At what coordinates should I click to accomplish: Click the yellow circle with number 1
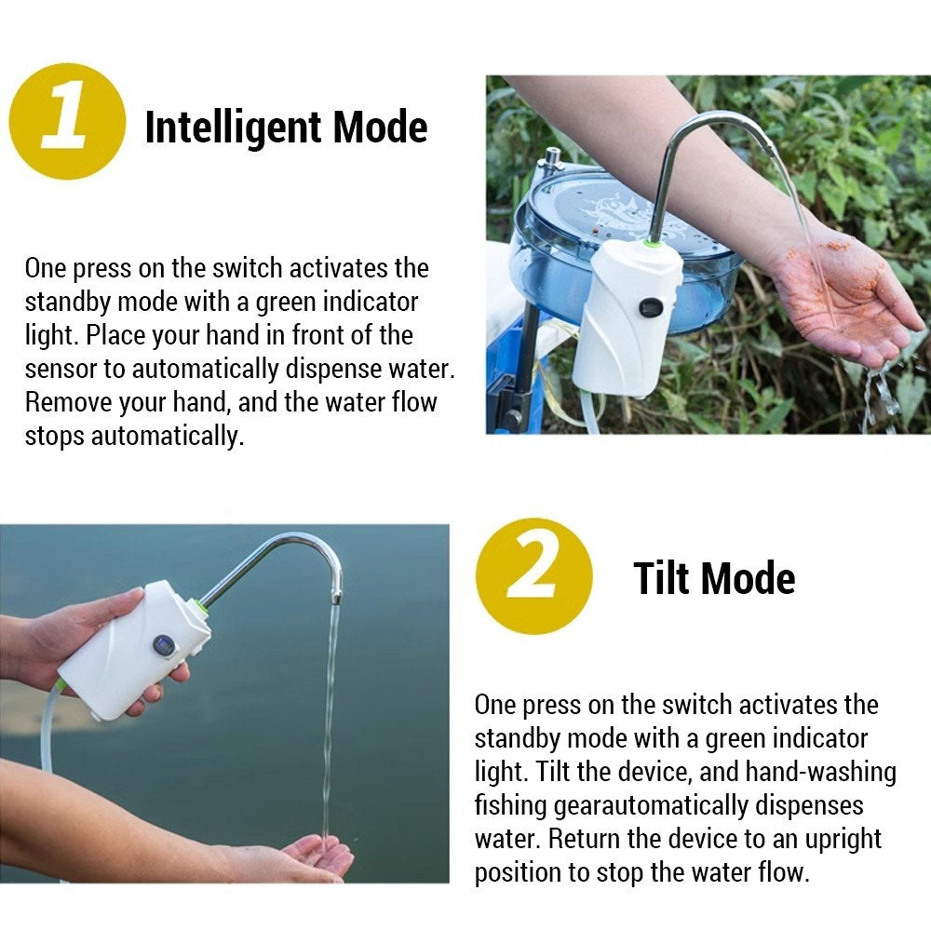point(67,121)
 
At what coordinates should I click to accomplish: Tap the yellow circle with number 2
point(533,576)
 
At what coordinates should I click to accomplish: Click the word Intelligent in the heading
point(234,128)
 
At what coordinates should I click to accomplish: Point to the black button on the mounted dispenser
point(651,307)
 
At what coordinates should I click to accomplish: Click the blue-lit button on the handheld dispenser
point(164,646)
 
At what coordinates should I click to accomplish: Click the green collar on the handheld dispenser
point(200,607)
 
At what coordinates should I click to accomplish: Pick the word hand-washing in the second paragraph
point(820,772)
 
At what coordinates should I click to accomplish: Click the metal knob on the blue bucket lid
point(553,157)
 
